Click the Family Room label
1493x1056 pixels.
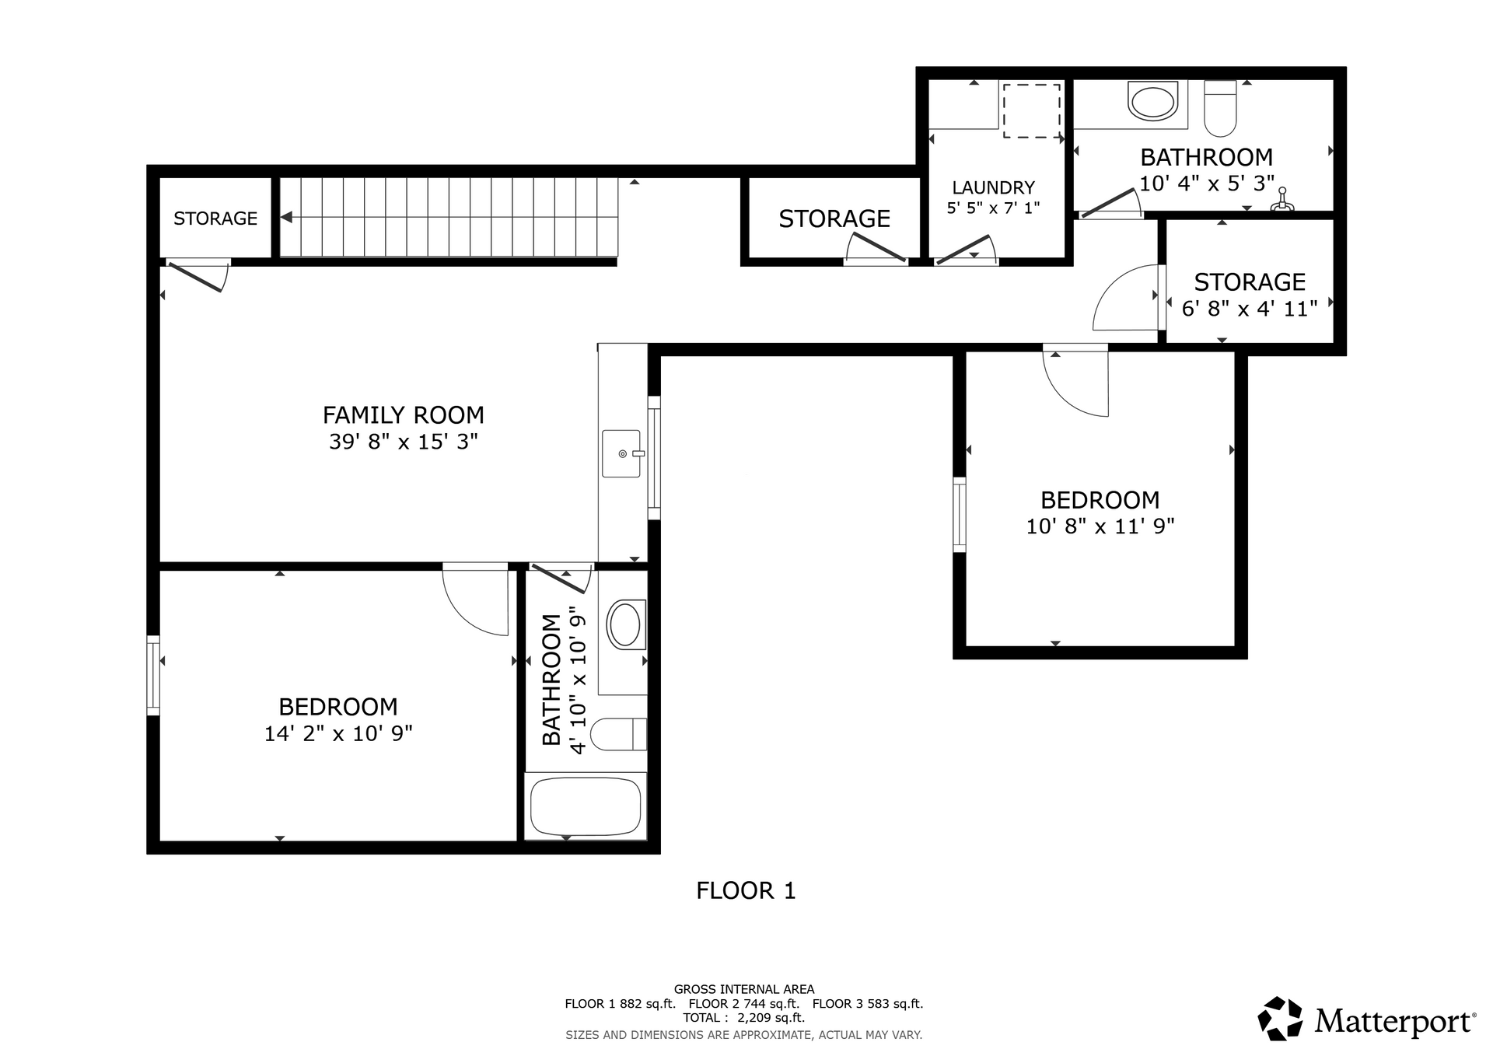point(403,414)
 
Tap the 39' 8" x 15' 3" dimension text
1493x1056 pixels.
point(403,442)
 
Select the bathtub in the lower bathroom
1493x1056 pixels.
point(586,806)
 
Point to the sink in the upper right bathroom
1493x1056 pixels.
point(1153,102)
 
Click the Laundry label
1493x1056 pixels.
point(993,187)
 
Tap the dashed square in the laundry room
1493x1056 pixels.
point(1031,111)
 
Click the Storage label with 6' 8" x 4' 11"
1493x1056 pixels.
point(1250,281)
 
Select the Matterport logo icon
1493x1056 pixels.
point(1280,1019)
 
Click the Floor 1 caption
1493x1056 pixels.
point(746,890)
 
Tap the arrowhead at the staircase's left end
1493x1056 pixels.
point(286,218)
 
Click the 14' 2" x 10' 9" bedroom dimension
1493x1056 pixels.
point(338,733)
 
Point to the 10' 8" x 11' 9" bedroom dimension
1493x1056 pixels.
point(1100,526)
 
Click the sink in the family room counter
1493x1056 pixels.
point(621,453)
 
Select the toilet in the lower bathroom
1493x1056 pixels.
point(618,734)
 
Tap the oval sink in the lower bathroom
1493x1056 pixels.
point(626,624)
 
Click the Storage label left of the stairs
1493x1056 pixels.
point(215,219)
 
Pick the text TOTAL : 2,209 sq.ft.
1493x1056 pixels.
point(744,1018)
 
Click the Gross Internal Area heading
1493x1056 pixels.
point(744,990)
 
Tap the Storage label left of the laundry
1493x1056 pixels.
point(834,219)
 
